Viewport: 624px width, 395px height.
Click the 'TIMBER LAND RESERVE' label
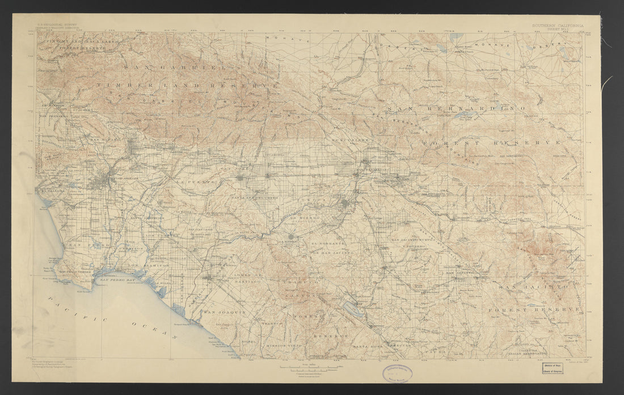[187, 85]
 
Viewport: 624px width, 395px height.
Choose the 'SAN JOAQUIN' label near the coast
[225, 312]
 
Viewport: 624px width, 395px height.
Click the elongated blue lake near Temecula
[353, 309]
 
